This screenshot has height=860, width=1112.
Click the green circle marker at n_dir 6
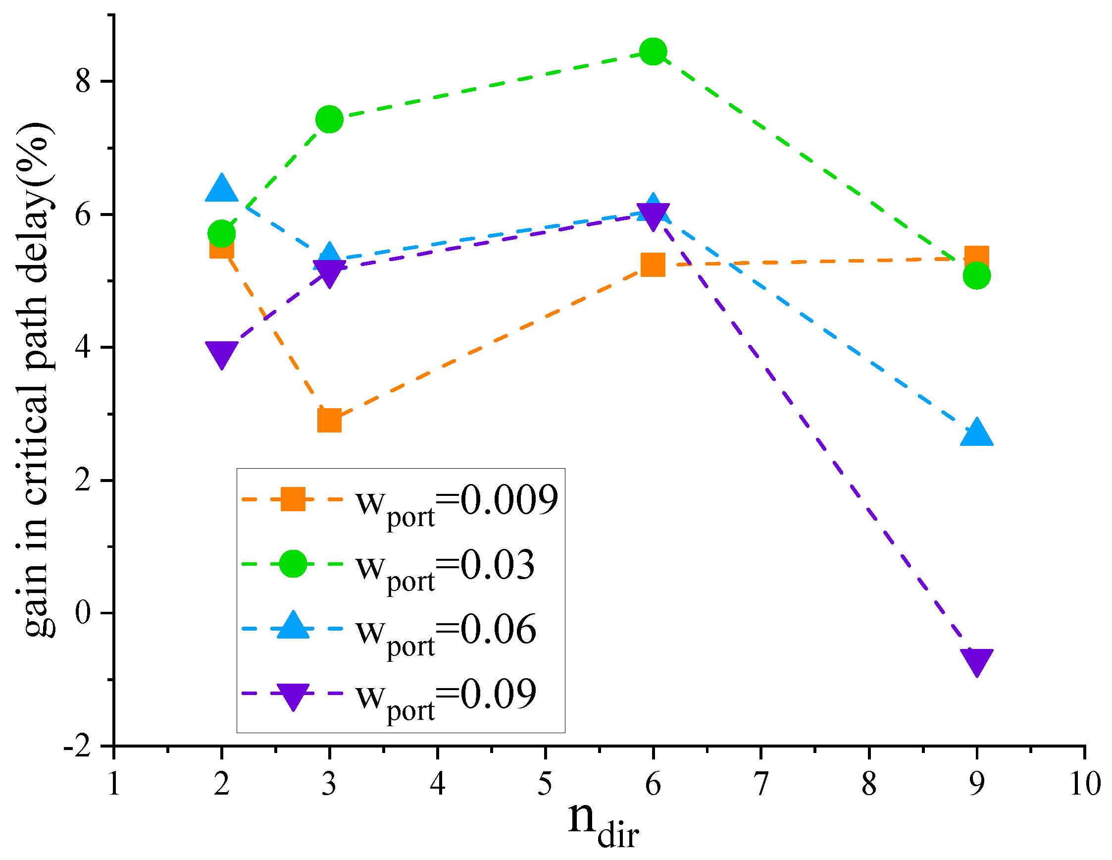(653, 52)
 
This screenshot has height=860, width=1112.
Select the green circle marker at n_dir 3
(329, 119)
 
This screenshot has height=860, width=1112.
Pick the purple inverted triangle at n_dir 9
(976, 661)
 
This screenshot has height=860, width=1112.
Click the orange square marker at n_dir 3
(329, 420)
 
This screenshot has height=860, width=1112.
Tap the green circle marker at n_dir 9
(976, 275)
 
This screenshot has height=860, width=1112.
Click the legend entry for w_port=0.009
(456, 503)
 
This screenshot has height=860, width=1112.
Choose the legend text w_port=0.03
(446, 568)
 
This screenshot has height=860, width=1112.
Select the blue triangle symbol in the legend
(293, 627)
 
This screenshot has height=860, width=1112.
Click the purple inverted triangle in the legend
(293, 696)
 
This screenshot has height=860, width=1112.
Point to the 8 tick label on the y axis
(83, 81)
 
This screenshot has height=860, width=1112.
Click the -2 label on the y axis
(77, 747)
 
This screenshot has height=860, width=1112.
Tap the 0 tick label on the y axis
(83, 613)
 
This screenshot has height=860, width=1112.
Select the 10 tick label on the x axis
(1084, 784)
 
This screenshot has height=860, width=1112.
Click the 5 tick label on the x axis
(545, 784)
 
